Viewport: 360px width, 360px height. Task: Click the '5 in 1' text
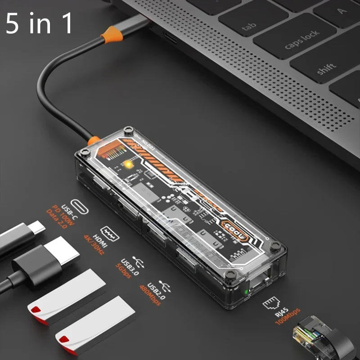(x=39, y=23)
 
